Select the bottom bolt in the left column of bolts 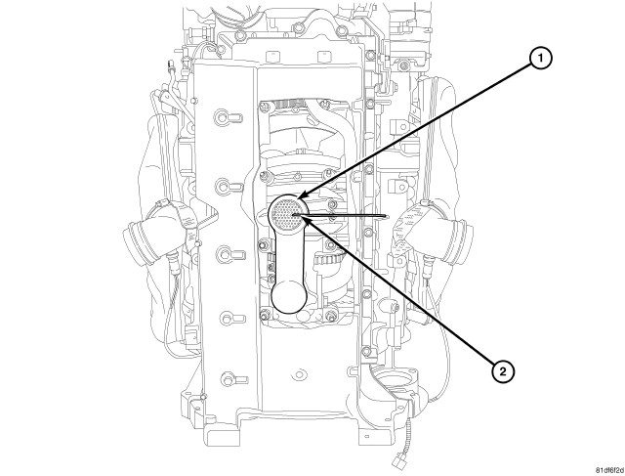tap(228, 376)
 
